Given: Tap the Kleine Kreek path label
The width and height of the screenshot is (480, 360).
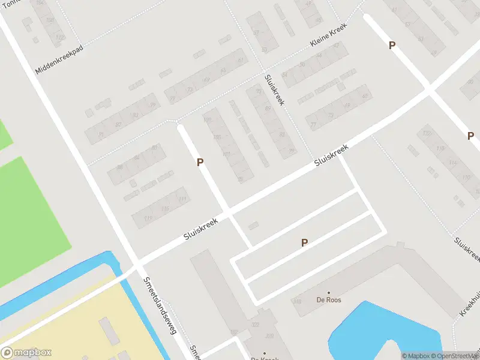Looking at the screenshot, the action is (x=329, y=37).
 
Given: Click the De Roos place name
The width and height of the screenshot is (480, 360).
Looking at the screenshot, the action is (x=328, y=300).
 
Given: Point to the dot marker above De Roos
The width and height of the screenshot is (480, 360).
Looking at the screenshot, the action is (x=328, y=292).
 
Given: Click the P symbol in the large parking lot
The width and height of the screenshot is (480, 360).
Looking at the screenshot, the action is (x=305, y=243).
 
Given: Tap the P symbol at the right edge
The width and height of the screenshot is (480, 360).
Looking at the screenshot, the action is (x=471, y=136).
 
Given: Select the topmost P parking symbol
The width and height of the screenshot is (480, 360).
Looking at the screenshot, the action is (x=392, y=46).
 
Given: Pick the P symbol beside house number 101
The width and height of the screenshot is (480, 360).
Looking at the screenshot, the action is (x=200, y=162).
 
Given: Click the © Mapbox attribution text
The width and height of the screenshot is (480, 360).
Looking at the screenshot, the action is (x=415, y=356).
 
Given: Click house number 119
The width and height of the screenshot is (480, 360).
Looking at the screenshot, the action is (x=148, y=218).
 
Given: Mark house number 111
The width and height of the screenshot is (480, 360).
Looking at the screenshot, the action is (x=182, y=199).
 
